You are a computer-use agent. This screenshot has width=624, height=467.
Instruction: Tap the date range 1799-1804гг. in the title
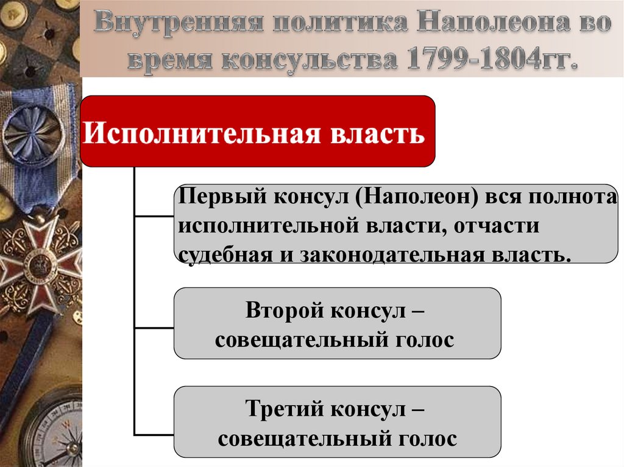coord(487,60)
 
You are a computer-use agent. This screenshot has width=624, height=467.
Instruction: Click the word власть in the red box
coord(374,132)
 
